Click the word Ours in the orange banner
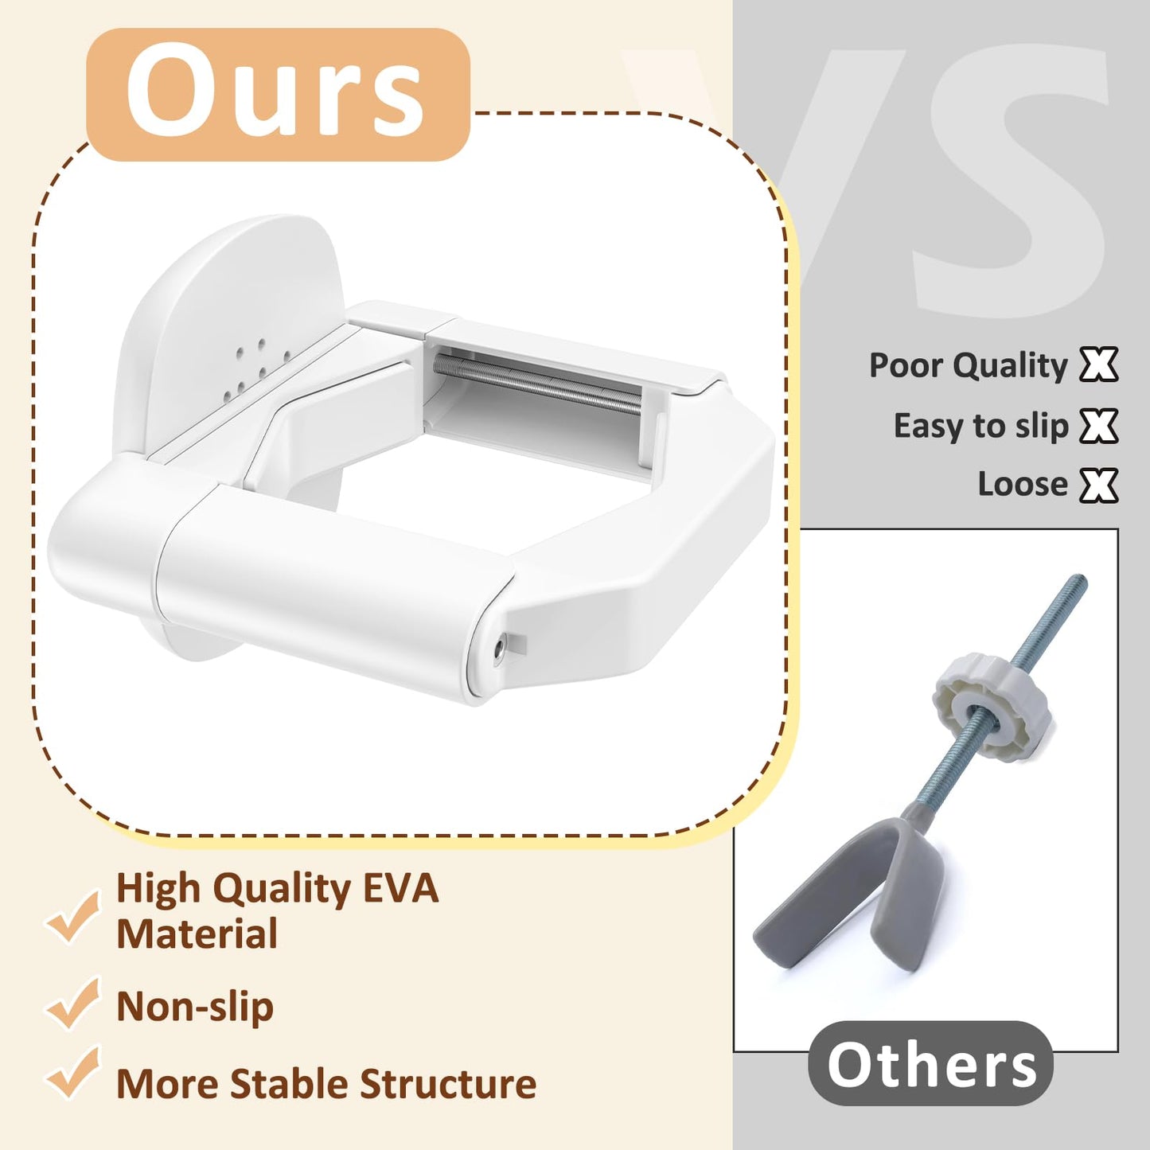point(275,92)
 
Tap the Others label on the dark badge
point(931,1063)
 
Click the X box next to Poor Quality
point(1099,365)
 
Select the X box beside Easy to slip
point(1099,426)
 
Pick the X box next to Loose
point(1099,485)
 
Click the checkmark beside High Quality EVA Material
point(73,915)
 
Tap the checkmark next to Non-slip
point(73,1002)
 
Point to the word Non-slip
point(195,1007)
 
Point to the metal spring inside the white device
point(536,382)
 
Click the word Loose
point(1023,485)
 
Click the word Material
point(197,934)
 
